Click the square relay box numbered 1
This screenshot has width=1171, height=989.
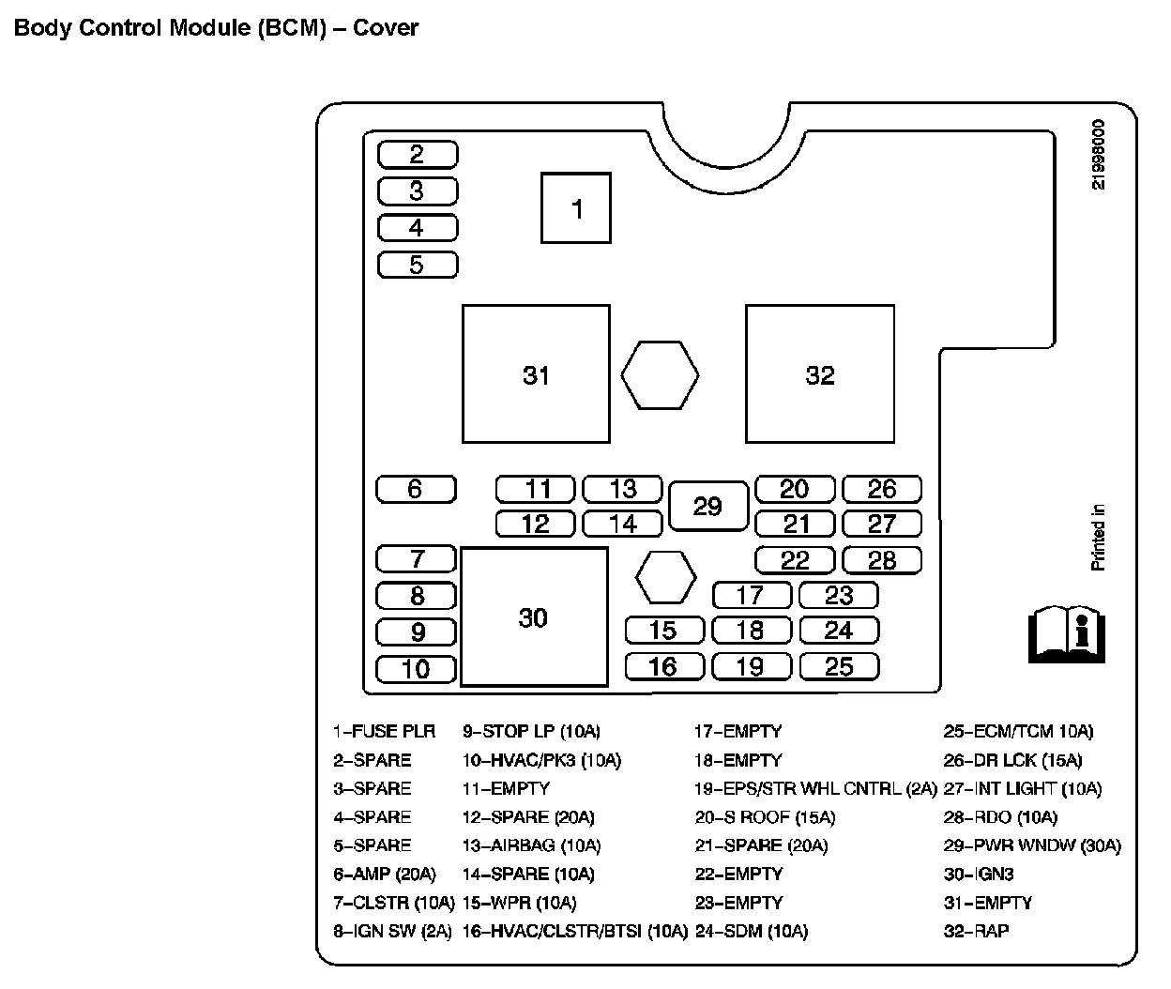pos(576,208)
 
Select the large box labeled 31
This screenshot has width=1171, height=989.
pos(536,373)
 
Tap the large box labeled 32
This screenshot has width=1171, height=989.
pos(820,373)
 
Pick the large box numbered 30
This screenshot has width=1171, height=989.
pos(534,617)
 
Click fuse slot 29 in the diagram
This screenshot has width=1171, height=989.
pos(708,507)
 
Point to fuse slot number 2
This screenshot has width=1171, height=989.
pos(418,154)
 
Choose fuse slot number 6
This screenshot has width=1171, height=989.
pos(416,489)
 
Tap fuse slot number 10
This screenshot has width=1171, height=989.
pos(416,669)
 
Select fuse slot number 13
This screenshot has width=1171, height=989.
pos(622,489)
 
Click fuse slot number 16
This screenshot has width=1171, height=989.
pos(663,666)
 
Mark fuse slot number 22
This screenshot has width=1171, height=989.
pos(795,560)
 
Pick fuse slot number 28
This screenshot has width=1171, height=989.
pos(882,560)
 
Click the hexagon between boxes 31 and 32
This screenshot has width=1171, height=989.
pos(660,374)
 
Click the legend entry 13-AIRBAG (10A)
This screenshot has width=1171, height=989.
pos(531,845)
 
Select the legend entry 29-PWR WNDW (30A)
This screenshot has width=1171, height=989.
pos(1032,845)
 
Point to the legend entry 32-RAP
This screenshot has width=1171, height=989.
pos(976,931)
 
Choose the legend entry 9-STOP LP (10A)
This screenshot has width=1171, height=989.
pos(531,731)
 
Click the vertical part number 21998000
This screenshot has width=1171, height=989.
pos(1098,155)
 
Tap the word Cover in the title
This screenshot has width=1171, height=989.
pos(386,27)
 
